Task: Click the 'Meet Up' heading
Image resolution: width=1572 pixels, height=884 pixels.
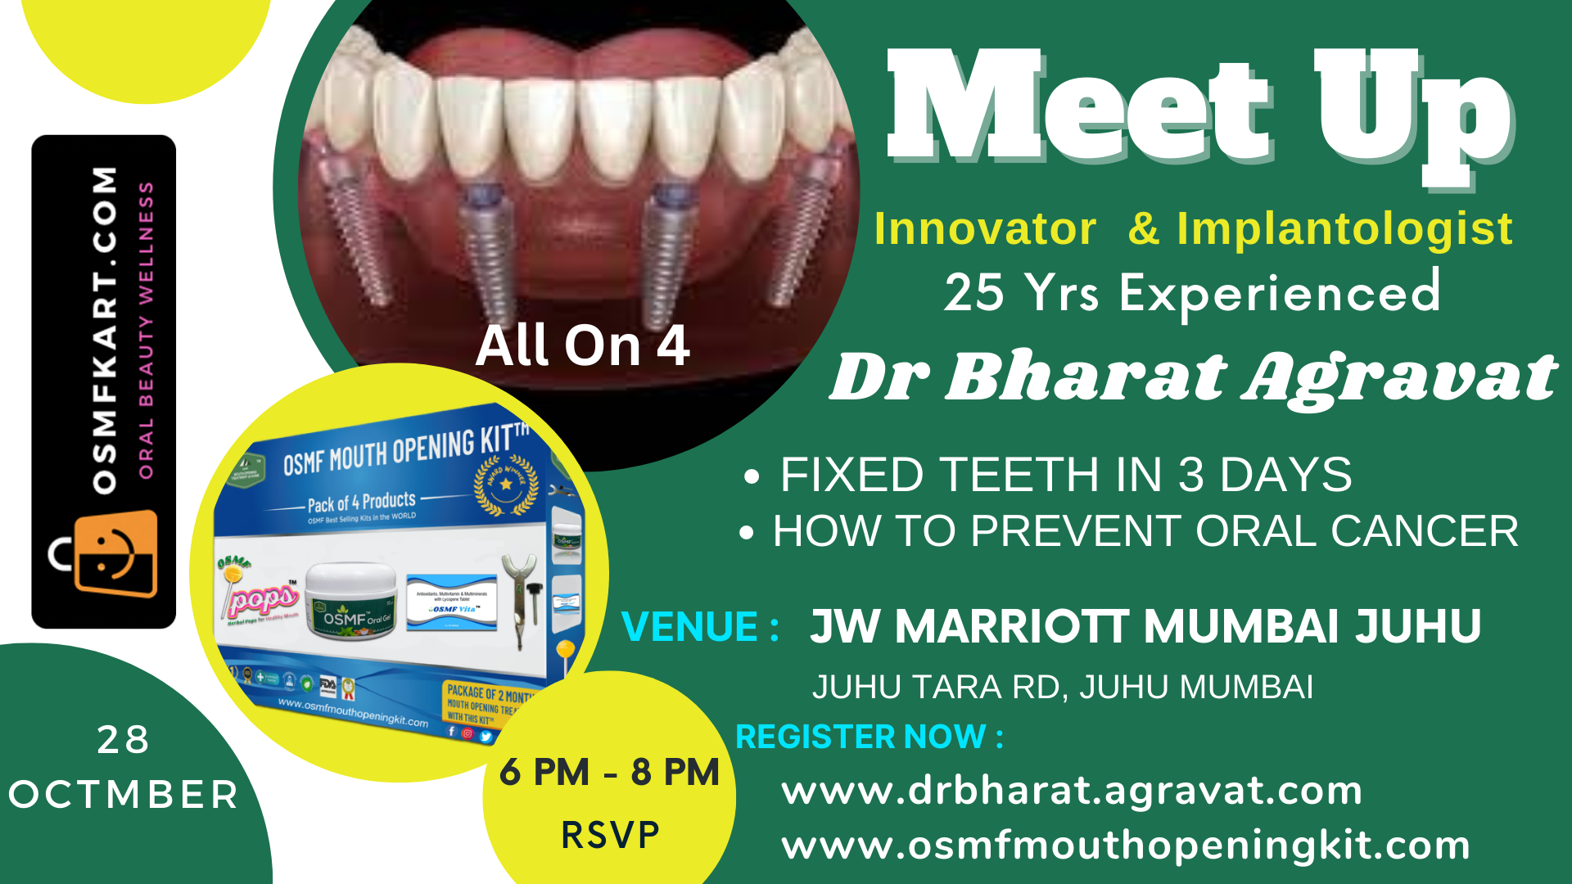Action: (1199, 110)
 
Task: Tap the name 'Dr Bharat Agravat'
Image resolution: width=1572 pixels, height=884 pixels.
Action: (1193, 377)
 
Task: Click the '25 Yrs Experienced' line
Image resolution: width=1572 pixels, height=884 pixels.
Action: (1192, 292)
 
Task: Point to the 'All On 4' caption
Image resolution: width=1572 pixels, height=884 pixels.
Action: (582, 345)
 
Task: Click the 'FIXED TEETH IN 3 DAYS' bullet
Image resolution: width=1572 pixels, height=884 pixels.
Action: (1065, 475)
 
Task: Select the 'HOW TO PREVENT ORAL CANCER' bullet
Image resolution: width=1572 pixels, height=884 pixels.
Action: (1145, 531)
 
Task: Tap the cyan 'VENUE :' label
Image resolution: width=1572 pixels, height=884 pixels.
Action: (700, 627)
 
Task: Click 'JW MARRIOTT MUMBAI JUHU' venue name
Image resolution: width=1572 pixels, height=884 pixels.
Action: (1145, 627)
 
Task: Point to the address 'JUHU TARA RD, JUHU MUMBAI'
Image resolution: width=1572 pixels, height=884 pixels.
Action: (1062, 687)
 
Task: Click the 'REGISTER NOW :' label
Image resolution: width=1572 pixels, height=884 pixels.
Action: (869, 737)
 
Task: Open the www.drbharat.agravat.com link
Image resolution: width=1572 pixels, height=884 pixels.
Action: (1072, 791)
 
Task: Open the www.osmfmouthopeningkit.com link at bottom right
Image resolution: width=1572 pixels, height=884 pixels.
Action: (1126, 845)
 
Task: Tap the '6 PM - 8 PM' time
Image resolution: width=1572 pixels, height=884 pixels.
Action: (609, 772)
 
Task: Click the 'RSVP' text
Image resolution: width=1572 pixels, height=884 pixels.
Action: (610, 835)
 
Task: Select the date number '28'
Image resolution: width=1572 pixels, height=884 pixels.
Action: (123, 740)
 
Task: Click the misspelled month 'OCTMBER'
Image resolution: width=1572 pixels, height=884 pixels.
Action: (123, 795)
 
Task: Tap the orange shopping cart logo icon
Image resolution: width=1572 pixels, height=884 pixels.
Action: (115, 553)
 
